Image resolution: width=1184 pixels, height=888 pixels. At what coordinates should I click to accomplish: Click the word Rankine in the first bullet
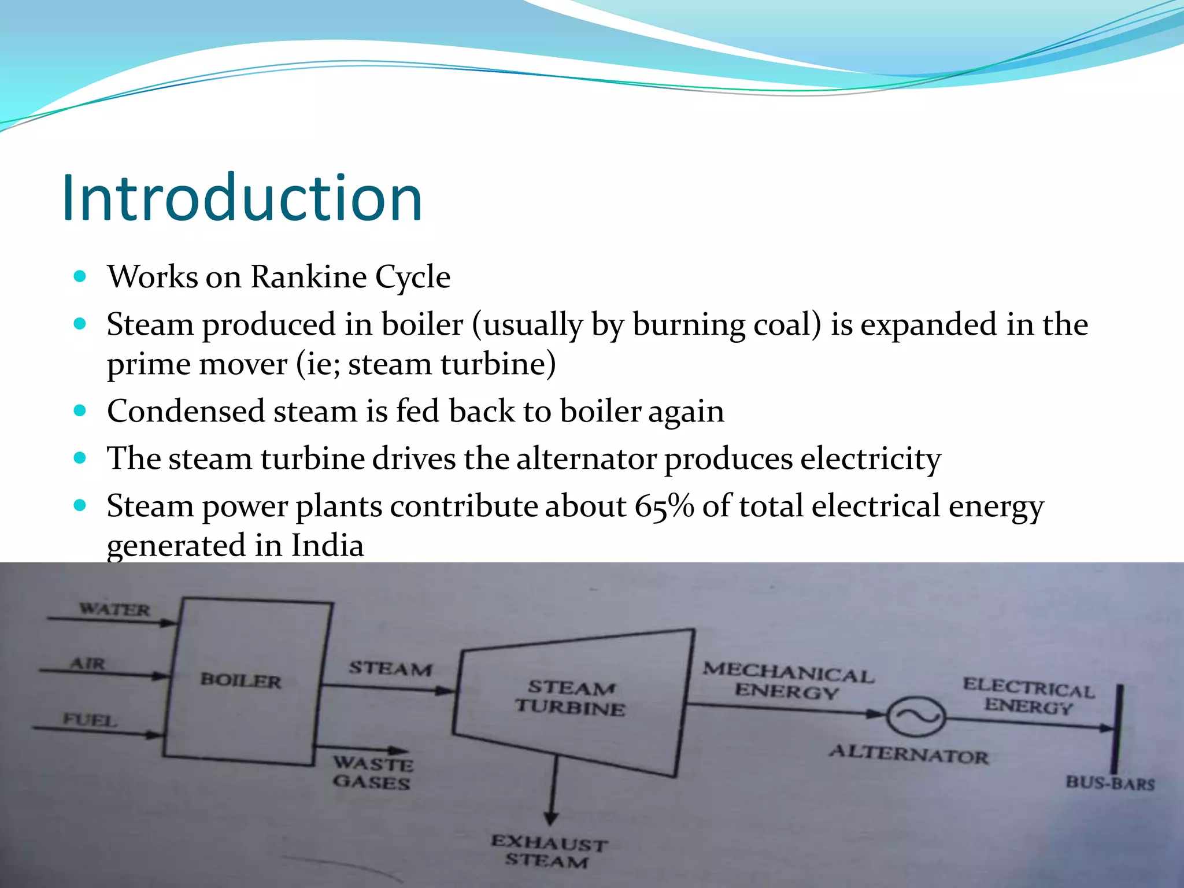pos(309,277)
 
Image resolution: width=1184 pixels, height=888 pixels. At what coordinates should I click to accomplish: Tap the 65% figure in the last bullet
pos(664,506)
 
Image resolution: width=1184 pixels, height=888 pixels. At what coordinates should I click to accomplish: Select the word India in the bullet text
pos(327,546)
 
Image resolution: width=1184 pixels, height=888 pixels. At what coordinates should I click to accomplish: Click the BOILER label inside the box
pos(240,680)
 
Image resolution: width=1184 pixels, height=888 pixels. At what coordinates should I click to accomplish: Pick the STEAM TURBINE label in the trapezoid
pos(571,698)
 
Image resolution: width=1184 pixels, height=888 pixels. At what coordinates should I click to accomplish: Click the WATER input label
pos(114,609)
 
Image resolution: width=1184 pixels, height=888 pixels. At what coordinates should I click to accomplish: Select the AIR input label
pos(88,663)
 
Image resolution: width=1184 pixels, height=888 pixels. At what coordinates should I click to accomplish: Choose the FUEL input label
pos(90,720)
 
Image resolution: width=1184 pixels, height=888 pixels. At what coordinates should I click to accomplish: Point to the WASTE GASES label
pos(373,773)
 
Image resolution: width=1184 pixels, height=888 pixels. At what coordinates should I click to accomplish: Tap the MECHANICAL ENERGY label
pos(787,681)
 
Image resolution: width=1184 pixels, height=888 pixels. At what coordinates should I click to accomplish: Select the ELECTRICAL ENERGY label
pos(1028,696)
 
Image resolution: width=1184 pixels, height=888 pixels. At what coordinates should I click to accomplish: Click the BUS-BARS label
pos(1110,783)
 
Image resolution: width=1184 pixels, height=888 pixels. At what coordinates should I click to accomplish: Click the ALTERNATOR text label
pos(909,754)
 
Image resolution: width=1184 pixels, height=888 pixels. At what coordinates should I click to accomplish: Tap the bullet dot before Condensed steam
pos(80,411)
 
